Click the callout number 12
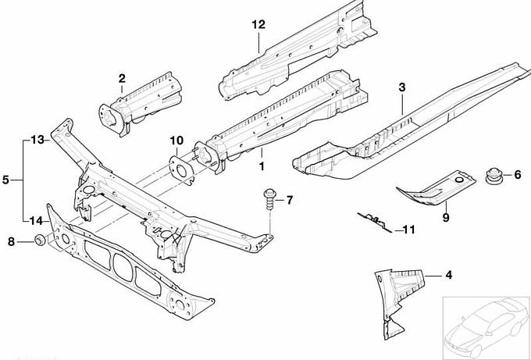(259, 24)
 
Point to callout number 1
(262, 166)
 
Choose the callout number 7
(289, 201)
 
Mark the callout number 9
(445, 217)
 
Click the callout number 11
(410, 230)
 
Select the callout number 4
(448, 274)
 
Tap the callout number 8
(11, 242)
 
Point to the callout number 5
(5, 180)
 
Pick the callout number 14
(35, 221)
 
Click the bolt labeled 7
(269, 200)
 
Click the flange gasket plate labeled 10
(182, 168)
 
